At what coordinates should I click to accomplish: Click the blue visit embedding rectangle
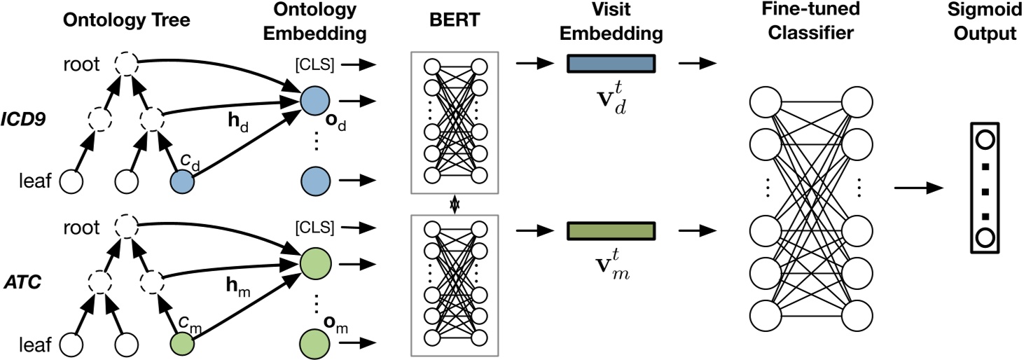pyautogui.click(x=611, y=64)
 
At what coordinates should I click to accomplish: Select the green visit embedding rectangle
pyautogui.click(x=611, y=231)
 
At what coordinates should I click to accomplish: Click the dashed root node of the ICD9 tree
pyautogui.click(x=126, y=65)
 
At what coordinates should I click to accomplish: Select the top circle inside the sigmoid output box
pyautogui.click(x=984, y=139)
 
